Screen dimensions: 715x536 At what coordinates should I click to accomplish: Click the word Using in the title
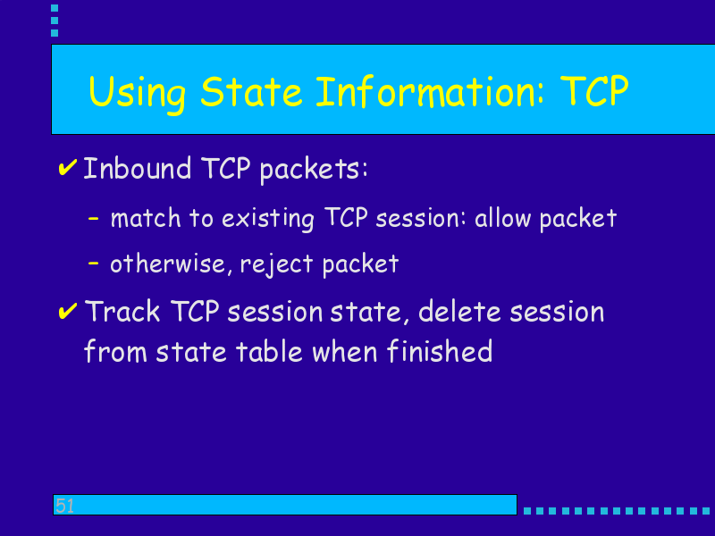tap(138, 93)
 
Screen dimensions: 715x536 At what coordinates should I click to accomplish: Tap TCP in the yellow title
tap(594, 91)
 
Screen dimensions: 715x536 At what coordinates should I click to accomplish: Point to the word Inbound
tap(138, 168)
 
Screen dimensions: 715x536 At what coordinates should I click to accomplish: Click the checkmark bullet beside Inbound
tap(68, 167)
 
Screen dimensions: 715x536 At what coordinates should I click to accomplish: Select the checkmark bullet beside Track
tap(68, 311)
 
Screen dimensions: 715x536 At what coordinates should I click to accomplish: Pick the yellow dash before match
tap(94, 219)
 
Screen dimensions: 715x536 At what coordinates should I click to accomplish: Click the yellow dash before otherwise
tap(94, 263)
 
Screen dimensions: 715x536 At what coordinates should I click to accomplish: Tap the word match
tap(146, 218)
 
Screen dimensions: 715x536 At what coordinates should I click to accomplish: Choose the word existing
tap(267, 219)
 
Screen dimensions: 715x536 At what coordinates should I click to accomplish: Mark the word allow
tap(502, 218)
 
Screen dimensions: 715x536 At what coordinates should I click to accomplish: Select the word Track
tap(122, 311)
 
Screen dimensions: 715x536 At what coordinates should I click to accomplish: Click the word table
tap(269, 351)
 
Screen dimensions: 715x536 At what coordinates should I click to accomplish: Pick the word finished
tap(440, 350)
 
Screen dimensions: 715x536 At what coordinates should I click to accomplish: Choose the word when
tap(345, 351)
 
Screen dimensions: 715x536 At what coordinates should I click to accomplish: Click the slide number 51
tap(64, 506)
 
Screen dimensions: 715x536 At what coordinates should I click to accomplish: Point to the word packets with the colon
tap(314, 170)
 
